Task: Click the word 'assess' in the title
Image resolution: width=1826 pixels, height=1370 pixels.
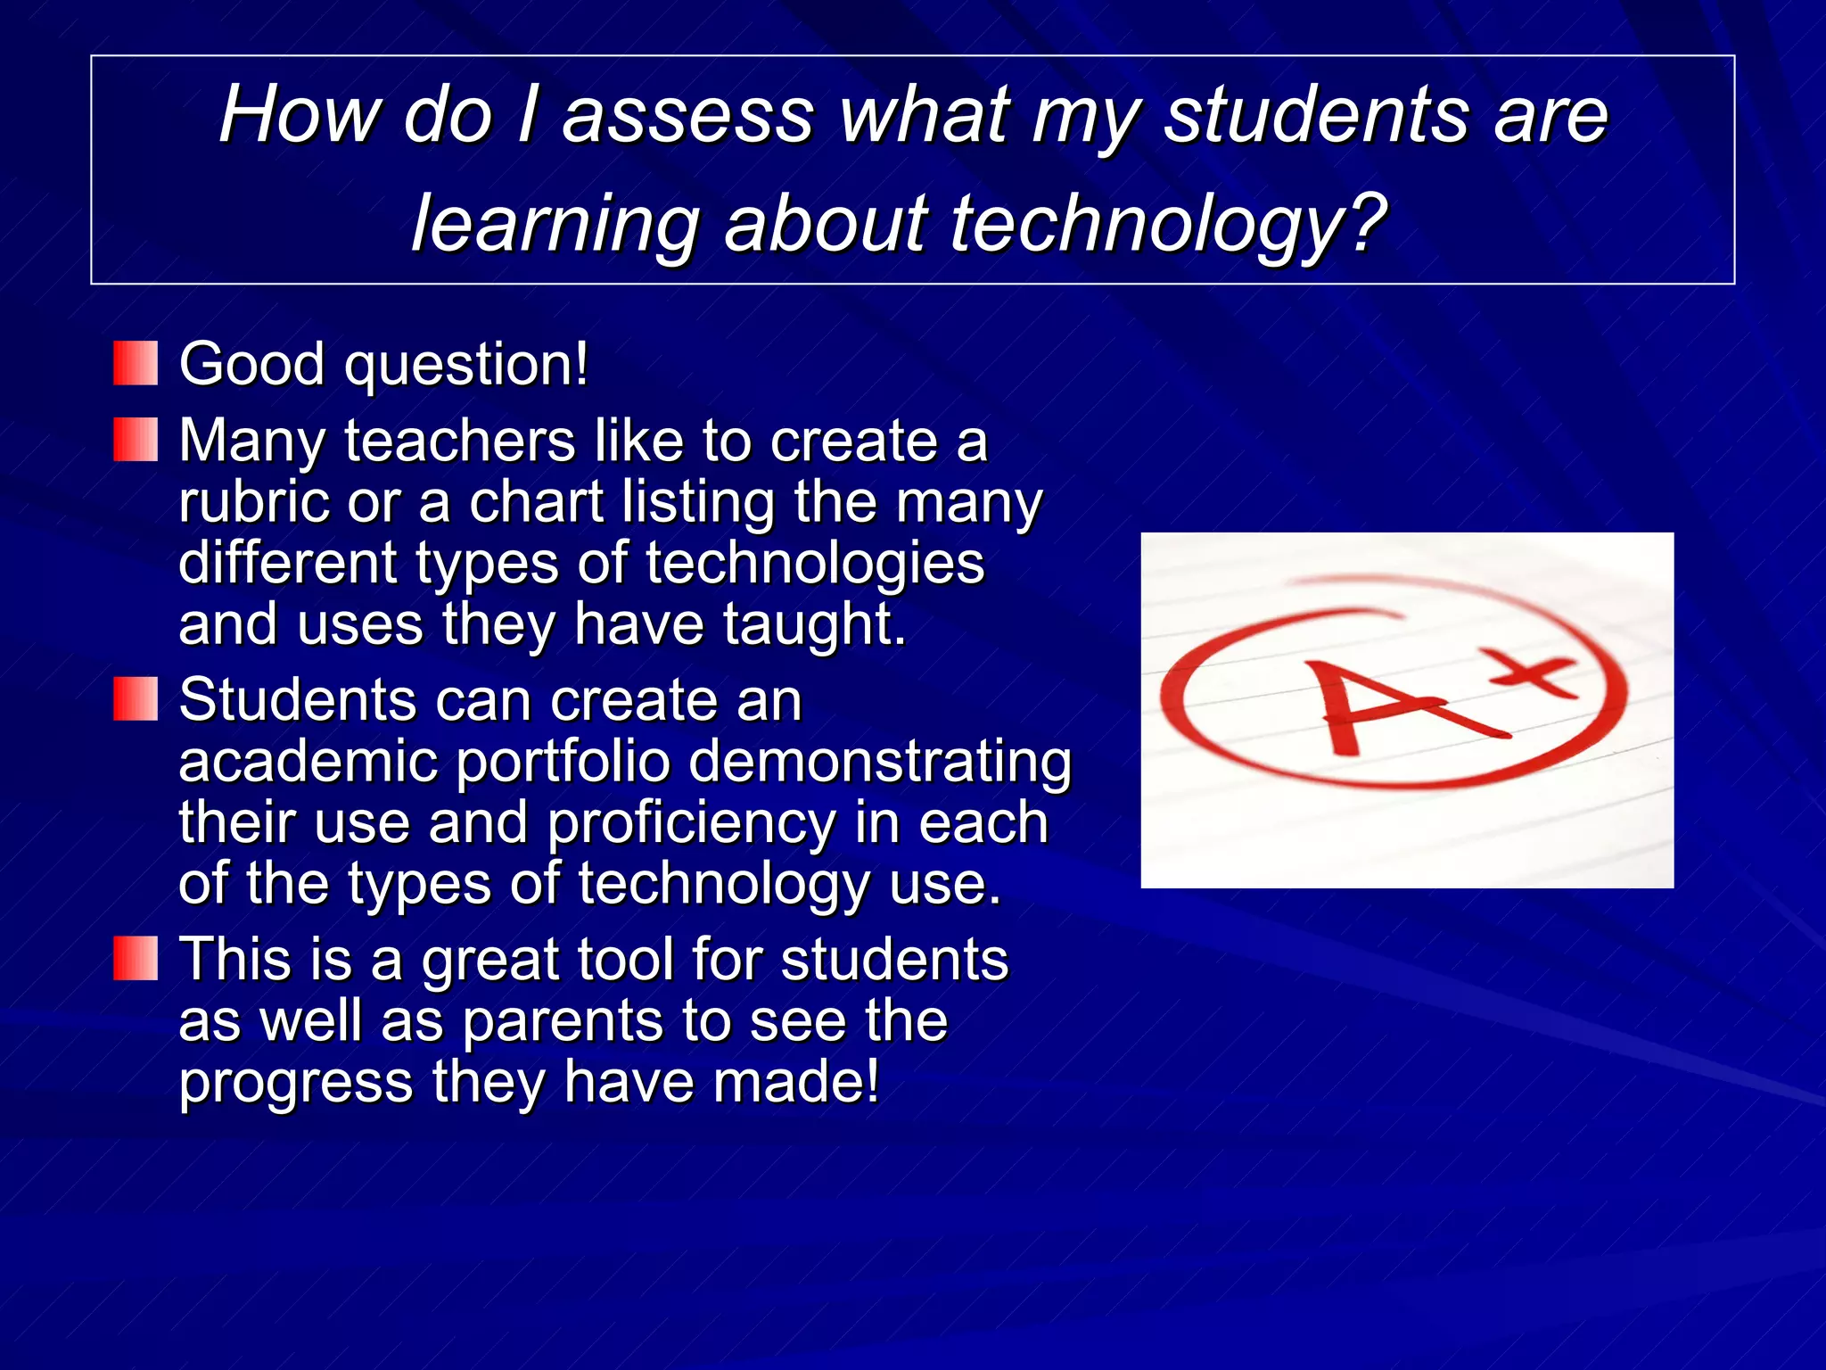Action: [687, 116]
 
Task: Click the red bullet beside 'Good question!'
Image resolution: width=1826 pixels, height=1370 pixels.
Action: [136, 363]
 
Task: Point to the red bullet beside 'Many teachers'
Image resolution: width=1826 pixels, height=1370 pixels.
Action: [136, 440]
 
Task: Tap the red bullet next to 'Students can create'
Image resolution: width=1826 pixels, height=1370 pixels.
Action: [136, 698]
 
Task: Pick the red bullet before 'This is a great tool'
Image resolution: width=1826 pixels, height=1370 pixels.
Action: [136, 958]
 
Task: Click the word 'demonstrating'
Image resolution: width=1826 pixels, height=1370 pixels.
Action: [880, 763]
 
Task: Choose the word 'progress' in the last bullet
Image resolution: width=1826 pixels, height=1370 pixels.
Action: [295, 1084]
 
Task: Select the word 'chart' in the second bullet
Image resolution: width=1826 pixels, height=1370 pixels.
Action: [536, 502]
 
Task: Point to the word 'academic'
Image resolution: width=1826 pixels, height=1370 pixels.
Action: [308, 763]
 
